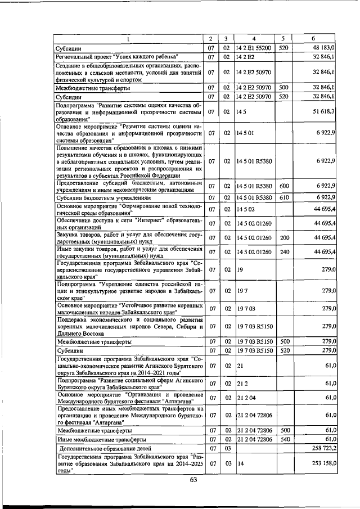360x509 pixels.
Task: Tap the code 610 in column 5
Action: tap(284, 197)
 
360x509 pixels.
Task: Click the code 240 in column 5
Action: tap(284, 251)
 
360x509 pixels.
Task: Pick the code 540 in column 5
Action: tap(284, 439)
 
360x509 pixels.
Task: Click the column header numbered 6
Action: tap(313, 38)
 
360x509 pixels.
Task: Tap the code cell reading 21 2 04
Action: tap(247, 397)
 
